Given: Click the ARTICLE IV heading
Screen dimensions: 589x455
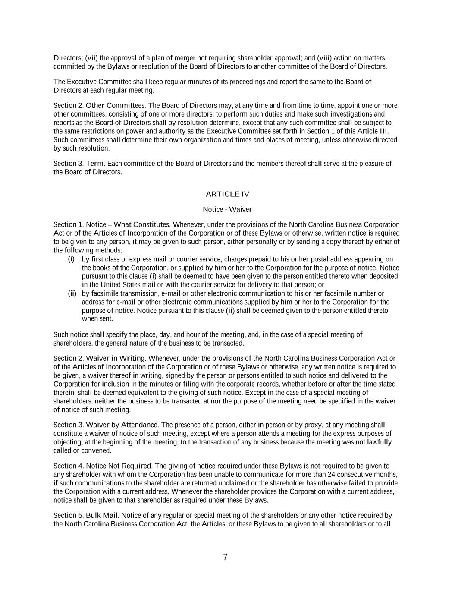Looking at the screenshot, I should (x=227, y=194).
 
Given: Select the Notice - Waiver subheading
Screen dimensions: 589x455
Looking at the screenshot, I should (x=227, y=209).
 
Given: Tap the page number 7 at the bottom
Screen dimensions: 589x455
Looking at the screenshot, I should (x=225, y=557).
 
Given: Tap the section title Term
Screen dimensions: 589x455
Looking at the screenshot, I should (x=95, y=164).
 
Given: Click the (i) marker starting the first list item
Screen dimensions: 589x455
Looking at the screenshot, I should (x=71, y=259).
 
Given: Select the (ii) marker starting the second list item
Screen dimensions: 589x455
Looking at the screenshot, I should (x=72, y=294).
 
